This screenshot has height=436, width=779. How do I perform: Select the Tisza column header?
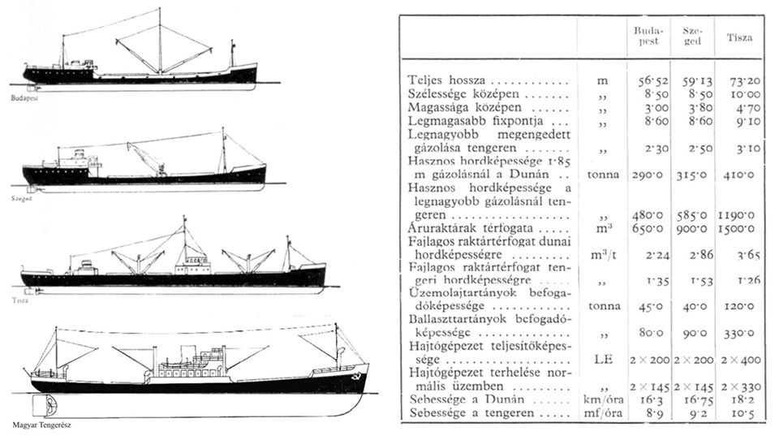739,37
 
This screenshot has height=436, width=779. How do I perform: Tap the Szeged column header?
692,37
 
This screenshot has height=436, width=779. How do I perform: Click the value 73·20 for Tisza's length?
745,80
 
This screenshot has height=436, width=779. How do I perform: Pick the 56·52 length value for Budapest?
653,80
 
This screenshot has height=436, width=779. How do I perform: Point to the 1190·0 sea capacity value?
736,215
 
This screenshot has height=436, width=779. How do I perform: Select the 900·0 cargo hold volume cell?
691,229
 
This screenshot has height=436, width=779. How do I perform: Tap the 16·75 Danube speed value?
695,399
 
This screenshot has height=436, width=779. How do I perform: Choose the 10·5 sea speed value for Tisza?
743,413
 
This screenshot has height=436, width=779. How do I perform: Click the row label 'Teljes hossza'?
446,80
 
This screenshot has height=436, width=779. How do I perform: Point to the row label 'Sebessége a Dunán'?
467,399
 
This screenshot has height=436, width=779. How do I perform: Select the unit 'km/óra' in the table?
603,399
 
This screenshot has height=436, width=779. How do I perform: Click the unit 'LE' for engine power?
603,360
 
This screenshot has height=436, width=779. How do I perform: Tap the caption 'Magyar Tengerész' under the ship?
41,425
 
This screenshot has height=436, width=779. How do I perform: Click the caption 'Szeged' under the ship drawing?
22,198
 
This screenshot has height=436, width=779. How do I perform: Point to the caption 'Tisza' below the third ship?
20,300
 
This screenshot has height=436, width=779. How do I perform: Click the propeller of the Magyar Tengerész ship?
49,406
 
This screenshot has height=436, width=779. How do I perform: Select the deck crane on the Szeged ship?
147,159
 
